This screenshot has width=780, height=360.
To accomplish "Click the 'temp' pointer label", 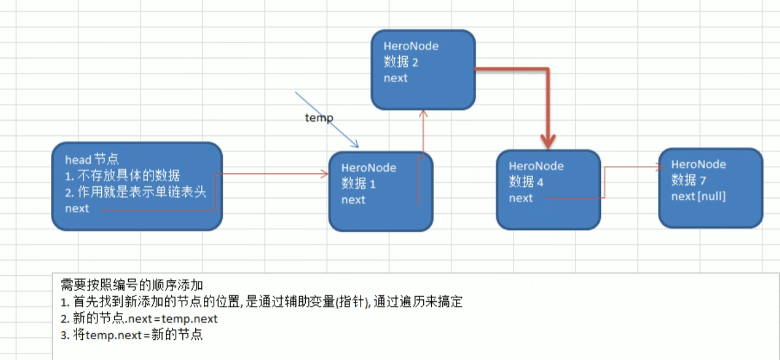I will (319, 118).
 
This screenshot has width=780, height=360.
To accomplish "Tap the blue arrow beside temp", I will (327, 120).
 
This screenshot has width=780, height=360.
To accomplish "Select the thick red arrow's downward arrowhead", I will (548, 140).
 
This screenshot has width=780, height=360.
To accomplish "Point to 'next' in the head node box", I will (77, 208).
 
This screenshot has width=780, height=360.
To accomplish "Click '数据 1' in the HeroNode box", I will (358, 184).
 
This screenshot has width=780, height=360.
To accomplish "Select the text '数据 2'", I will (400, 62).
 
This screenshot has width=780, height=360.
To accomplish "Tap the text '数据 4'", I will (526, 182).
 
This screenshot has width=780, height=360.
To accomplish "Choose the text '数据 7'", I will (688, 180).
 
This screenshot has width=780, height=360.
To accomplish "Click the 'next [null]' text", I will (698, 196).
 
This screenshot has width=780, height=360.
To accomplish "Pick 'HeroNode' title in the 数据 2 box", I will (411, 46).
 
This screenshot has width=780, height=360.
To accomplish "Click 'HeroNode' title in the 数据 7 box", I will (698, 165).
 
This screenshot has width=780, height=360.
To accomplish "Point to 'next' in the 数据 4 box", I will (521, 198).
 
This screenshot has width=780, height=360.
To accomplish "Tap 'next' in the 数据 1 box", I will (353, 200).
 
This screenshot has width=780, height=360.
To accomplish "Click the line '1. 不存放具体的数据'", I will (122, 176).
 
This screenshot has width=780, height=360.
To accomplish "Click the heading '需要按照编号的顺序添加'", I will (132, 286).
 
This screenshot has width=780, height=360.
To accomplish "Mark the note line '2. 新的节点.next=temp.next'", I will (138, 319).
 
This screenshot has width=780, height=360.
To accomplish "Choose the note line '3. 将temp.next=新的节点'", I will (131, 335).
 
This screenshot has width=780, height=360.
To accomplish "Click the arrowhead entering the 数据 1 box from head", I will (325, 174).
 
